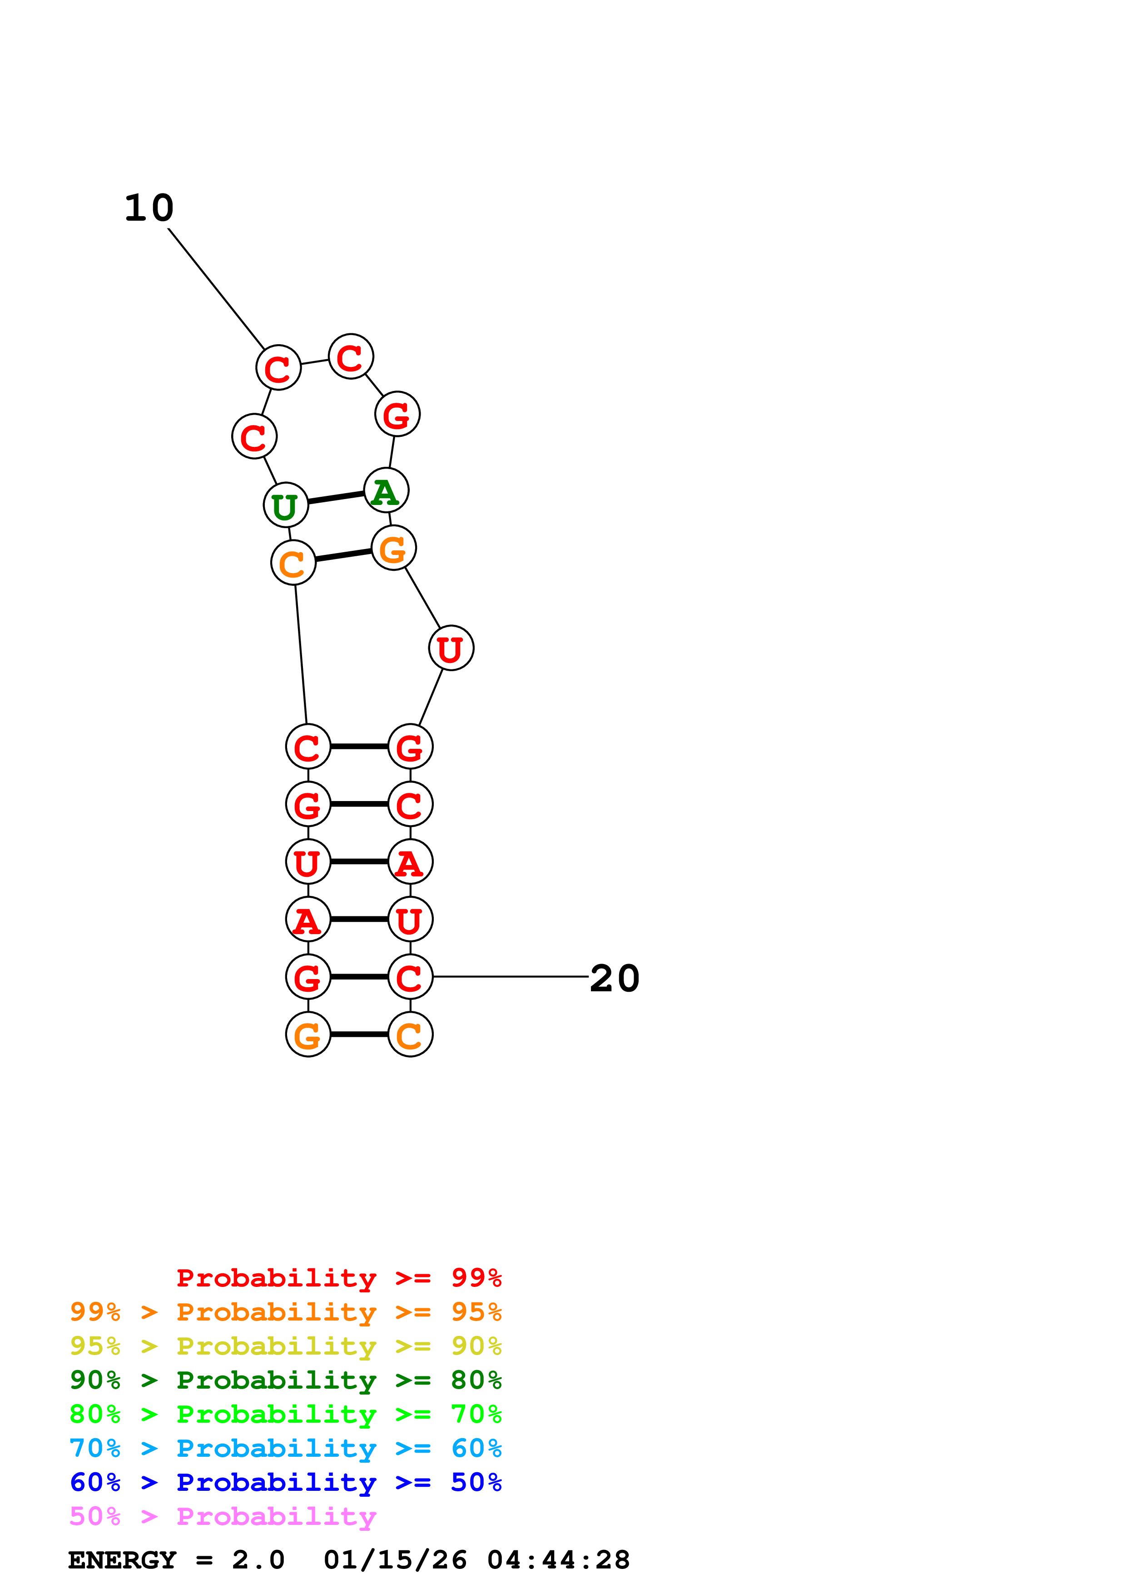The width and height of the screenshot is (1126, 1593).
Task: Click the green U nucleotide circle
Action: pos(285,505)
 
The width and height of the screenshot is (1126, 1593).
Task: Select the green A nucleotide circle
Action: pos(386,490)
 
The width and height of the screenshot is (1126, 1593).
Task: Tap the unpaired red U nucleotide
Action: pos(451,648)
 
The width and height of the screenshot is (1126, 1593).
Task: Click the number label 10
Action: pos(149,208)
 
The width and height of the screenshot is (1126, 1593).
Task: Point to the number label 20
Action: pos(614,979)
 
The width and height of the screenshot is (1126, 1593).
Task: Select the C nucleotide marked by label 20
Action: pos(410,977)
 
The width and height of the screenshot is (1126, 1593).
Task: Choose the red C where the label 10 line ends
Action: pos(278,368)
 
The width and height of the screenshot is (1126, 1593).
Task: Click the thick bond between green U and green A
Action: pos(336,497)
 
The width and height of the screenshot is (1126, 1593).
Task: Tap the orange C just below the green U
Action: pos(293,563)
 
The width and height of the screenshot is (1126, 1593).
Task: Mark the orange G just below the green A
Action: pos(393,548)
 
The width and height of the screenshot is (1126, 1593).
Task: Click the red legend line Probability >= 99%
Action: pos(338,1278)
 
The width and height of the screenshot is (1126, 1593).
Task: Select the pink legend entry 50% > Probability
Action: pos(223,1517)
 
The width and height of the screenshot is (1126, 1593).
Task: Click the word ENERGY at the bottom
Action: pos(122,1560)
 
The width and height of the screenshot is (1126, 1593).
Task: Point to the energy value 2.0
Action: pos(258,1560)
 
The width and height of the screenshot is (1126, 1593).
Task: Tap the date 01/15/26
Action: pos(396,1560)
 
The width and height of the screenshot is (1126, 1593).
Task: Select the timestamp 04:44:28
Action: pos(559,1560)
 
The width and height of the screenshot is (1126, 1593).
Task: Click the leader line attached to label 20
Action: pos(510,977)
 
